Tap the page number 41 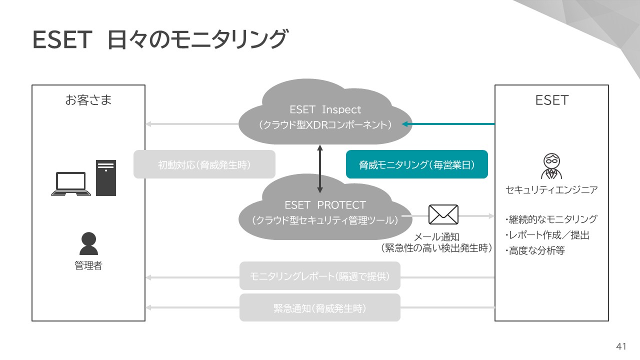point(621,346)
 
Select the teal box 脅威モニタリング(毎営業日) point(416,164)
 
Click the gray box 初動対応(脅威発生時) point(204,164)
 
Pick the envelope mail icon point(443,215)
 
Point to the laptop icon point(71,183)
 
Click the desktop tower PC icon point(106,178)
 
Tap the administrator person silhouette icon point(88,244)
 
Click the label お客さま point(88,100)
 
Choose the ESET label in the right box point(551,100)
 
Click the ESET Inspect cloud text point(325,109)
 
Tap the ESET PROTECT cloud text point(325,205)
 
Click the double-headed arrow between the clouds point(320,169)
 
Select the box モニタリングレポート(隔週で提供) point(319,276)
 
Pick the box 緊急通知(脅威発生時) point(319,308)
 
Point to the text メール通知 point(436,237)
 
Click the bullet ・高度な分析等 point(534,251)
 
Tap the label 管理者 point(88,266)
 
